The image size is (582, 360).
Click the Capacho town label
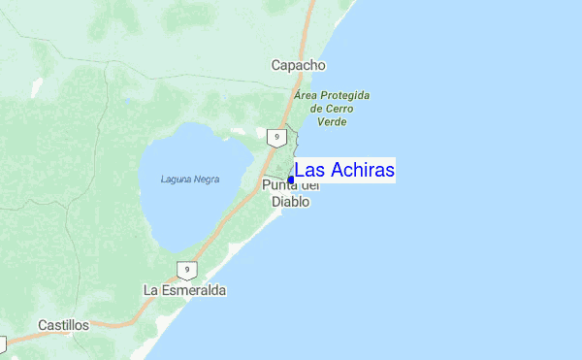coord(298,65)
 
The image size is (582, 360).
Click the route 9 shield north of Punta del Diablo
coord(277,138)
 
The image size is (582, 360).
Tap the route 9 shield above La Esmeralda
coord(186,270)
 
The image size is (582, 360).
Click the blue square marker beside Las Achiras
coord(291,180)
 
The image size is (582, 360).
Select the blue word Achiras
coord(362,171)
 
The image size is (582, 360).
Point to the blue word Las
coord(310,171)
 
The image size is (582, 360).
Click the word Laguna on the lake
coord(179,180)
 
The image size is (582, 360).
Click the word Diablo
coord(290,202)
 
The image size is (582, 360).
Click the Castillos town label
coord(64,325)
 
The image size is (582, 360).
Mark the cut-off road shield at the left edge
coord(2,344)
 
